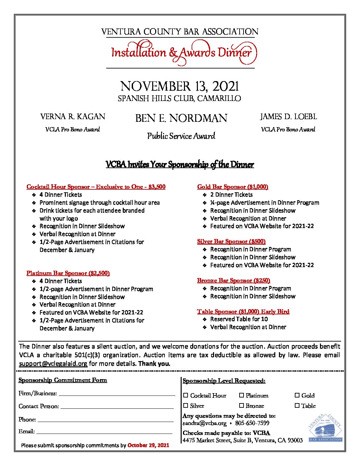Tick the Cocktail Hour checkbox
coord(186,395)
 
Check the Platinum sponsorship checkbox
coord(242,395)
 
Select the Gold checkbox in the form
coord(297,395)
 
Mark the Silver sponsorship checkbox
coord(186,405)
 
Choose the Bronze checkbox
coord(242,405)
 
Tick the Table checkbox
coord(297,405)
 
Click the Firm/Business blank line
coord(117,394)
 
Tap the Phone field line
coord(105,420)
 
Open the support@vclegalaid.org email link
coord(53,363)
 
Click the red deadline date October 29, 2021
coord(148,445)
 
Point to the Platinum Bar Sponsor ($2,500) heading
coord(68,273)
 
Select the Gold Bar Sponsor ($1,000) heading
coord(233,187)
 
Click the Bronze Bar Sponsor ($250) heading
coord(234,280)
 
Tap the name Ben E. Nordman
coord(181,118)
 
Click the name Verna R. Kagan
coord(73,117)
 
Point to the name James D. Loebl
coord(288,117)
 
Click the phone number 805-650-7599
coord(252,423)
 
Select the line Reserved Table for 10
coord(239,319)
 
